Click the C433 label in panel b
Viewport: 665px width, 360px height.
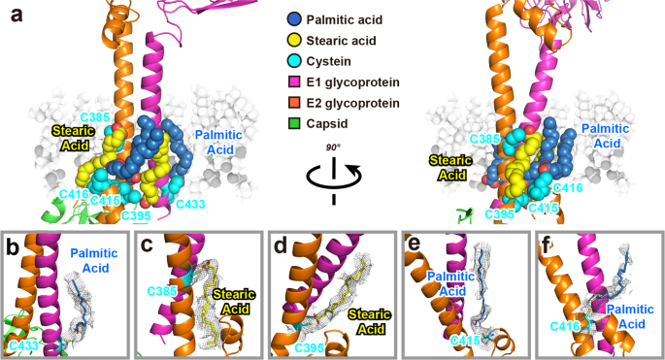point(25,345)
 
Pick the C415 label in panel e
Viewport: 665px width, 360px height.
point(468,341)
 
